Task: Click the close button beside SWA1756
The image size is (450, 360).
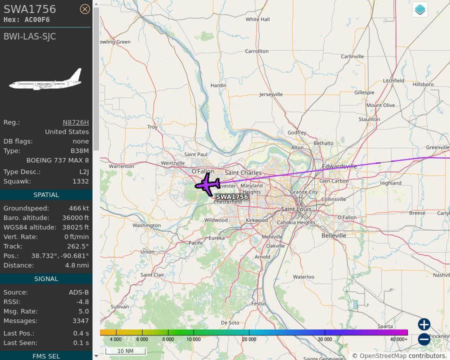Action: [x=85, y=8]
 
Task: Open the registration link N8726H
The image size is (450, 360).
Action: [x=75, y=122]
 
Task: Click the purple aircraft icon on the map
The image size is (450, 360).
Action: [x=207, y=184]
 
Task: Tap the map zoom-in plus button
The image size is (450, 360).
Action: [x=424, y=324]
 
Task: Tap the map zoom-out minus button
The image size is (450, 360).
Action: [x=424, y=339]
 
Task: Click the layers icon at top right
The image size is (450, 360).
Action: [x=420, y=9]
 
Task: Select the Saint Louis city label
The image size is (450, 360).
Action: [x=296, y=209]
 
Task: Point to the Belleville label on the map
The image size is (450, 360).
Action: [x=333, y=235]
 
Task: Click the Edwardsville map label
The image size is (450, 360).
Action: [x=339, y=166]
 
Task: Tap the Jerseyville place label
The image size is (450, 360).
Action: [x=271, y=94]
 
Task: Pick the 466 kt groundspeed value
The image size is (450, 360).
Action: [x=79, y=208]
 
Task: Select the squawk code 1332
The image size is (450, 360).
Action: [x=80, y=181]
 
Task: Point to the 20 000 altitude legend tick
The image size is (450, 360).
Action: [x=249, y=339]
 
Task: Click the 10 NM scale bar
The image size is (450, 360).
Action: [x=125, y=351]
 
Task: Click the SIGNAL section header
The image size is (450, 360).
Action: [x=46, y=279]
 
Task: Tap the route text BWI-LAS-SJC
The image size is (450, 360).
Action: [x=30, y=36]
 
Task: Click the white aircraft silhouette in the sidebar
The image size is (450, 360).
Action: [x=45, y=80]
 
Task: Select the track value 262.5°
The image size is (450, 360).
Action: [x=78, y=246]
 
